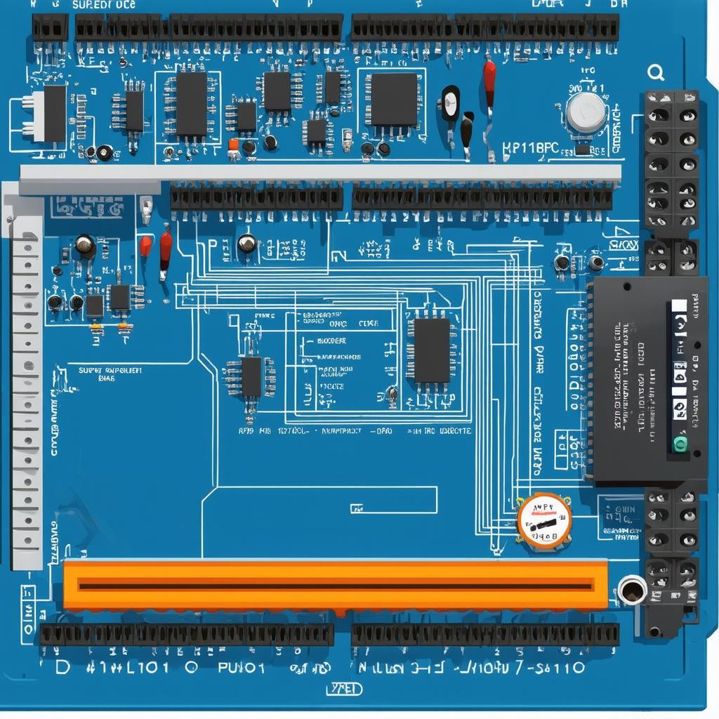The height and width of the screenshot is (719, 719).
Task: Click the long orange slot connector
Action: (x=336, y=585)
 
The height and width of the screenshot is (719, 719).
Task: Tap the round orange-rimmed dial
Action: (x=544, y=520)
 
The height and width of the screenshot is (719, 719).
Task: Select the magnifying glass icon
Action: (x=657, y=72)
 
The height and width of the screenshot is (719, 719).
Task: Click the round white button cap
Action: (x=586, y=112)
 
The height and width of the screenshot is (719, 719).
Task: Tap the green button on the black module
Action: (x=680, y=443)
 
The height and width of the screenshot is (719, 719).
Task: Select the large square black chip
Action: (x=394, y=99)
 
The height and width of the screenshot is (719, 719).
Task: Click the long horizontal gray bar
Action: (x=320, y=173)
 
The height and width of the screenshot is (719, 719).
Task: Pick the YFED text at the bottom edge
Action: (x=345, y=689)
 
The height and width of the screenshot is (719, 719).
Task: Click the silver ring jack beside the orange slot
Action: (x=632, y=590)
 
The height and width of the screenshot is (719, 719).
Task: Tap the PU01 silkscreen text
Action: (x=241, y=667)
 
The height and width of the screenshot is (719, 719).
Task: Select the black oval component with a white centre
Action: (x=450, y=103)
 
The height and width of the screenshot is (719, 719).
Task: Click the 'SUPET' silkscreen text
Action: (x=89, y=369)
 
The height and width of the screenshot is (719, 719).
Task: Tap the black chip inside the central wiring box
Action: (x=431, y=350)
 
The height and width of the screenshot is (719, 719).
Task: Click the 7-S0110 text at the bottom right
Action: (x=545, y=667)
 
